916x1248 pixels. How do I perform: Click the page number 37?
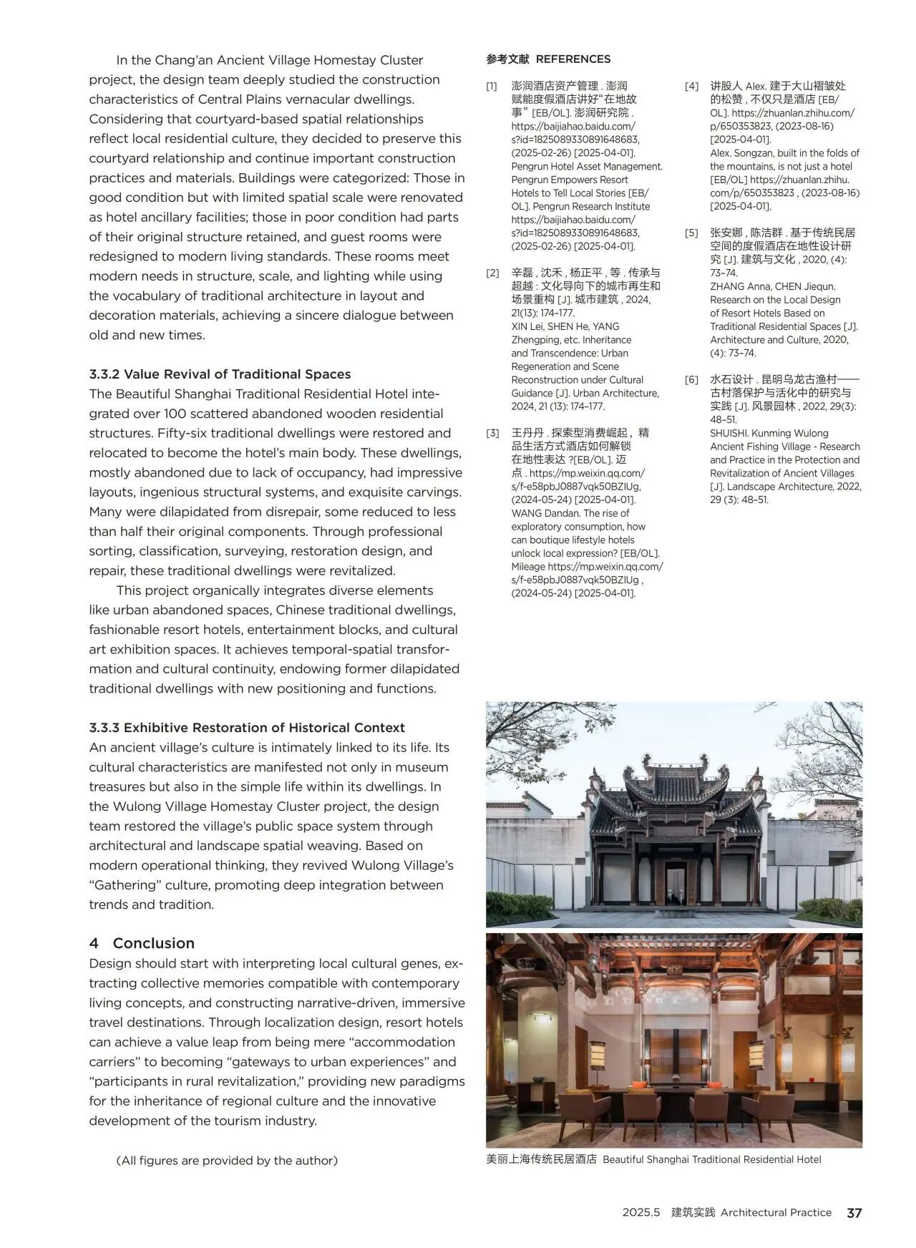[x=854, y=1212]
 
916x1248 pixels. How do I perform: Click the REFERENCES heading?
[x=572, y=59]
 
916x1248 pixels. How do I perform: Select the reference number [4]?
[x=691, y=86]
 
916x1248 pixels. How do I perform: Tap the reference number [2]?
[x=492, y=273]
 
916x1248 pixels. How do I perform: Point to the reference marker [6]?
[x=691, y=379]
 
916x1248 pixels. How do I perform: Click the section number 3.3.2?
[x=104, y=374]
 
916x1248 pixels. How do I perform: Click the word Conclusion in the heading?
[x=154, y=943]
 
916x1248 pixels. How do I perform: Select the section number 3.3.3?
[x=104, y=728]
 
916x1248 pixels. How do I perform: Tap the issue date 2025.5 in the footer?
[x=640, y=1212]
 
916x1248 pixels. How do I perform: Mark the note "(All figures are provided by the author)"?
[x=226, y=1160]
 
